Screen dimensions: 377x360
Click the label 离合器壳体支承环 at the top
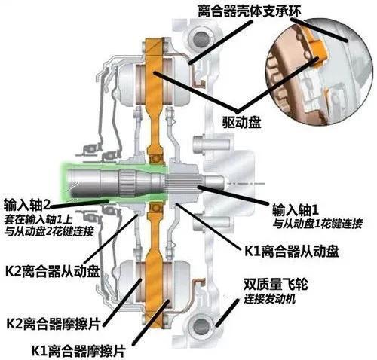point(250,11)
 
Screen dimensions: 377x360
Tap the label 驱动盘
point(242,122)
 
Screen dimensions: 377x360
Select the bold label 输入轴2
point(27,205)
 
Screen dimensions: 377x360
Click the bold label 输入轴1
point(296,210)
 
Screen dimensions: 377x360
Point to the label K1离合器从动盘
point(292,251)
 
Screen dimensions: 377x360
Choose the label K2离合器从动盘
point(52,271)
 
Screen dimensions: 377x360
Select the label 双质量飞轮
point(275,285)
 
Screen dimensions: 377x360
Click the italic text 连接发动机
point(269,299)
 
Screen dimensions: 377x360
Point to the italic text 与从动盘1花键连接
point(317,224)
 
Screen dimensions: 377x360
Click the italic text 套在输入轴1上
point(38,220)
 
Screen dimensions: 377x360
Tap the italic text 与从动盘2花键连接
point(49,231)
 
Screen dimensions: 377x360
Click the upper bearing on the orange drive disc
point(155,159)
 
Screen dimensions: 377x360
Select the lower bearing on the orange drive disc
point(155,207)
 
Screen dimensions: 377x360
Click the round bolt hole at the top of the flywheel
point(200,38)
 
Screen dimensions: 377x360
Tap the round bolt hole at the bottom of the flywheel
point(200,325)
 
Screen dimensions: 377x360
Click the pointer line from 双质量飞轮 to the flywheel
point(227,313)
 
